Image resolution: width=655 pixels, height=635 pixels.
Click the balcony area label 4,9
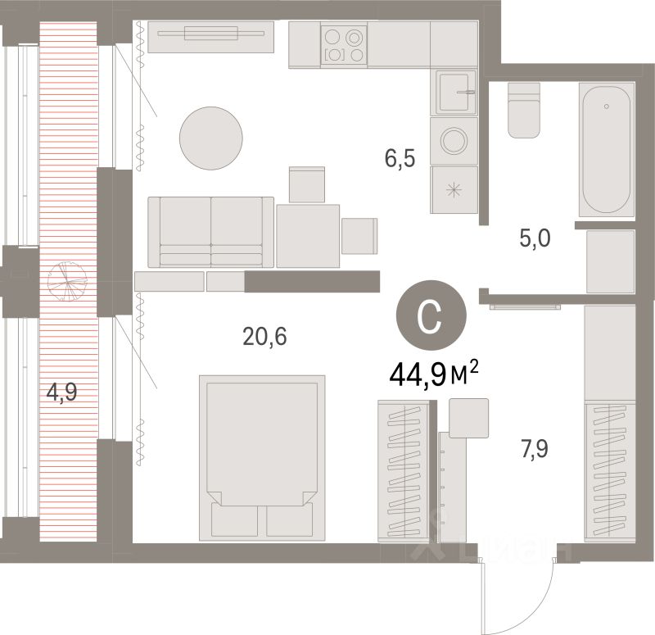pyautogui.click(x=61, y=392)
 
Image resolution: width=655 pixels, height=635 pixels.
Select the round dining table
pyautogui.click(x=211, y=137)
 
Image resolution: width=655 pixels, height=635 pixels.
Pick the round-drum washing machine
pyautogui.click(x=453, y=141)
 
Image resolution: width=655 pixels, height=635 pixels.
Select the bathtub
pyautogui.click(x=606, y=148)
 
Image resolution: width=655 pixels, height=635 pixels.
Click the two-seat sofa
pyautogui.click(x=210, y=232)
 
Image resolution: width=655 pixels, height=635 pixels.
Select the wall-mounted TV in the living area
pyautogui.click(x=211, y=34)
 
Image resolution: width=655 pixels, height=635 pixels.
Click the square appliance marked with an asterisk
pyautogui.click(x=453, y=189)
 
